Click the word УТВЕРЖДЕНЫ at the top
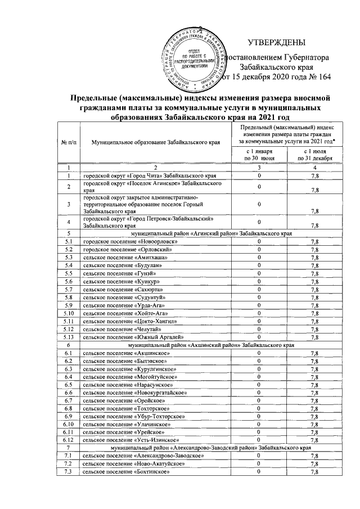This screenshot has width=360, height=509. click(276, 43)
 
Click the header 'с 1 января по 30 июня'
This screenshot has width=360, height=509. click(259, 155)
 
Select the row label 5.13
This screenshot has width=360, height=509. click(68, 336)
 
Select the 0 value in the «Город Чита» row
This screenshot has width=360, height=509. click(259, 176)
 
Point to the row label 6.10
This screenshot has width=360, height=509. click(68, 423)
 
